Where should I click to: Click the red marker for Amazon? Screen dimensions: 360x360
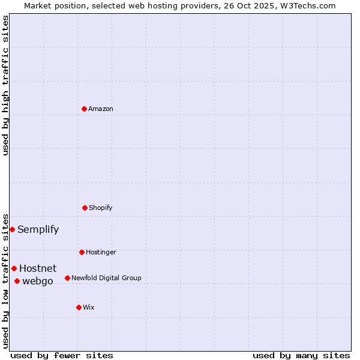click(x=84, y=109)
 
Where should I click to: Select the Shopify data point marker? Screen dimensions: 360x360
click(x=85, y=208)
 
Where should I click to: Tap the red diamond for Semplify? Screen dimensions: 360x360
click(x=12, y=229)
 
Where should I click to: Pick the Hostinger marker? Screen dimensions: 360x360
click(x=82, y=252)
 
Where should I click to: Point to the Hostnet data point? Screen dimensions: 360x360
click(x=14, y=268)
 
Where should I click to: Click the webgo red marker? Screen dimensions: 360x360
click(x=17, y=281)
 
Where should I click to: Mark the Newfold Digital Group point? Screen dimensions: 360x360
click(x=67, y=278)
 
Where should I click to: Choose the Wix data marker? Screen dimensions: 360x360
click(x=79, y=307)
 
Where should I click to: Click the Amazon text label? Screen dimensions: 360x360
click(x=101, y=109)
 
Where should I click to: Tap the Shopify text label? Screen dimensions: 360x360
click(x=101, y=208)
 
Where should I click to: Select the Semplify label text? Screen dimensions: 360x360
click(x=38, y=229)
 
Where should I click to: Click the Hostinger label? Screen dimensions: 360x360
click(x=101, y=252)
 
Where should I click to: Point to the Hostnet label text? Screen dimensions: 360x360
click(x=38, y=268)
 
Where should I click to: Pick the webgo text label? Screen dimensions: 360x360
click(x=38, y=281)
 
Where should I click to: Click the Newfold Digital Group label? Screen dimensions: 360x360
click(x=106, y=278)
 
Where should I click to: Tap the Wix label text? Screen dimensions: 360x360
click(x=89, y=307)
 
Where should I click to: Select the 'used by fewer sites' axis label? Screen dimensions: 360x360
click(x=62, y=355)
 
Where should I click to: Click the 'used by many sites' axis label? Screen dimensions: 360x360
click(x=301, y=355)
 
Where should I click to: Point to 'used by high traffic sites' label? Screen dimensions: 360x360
click(x=5, y=85)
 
